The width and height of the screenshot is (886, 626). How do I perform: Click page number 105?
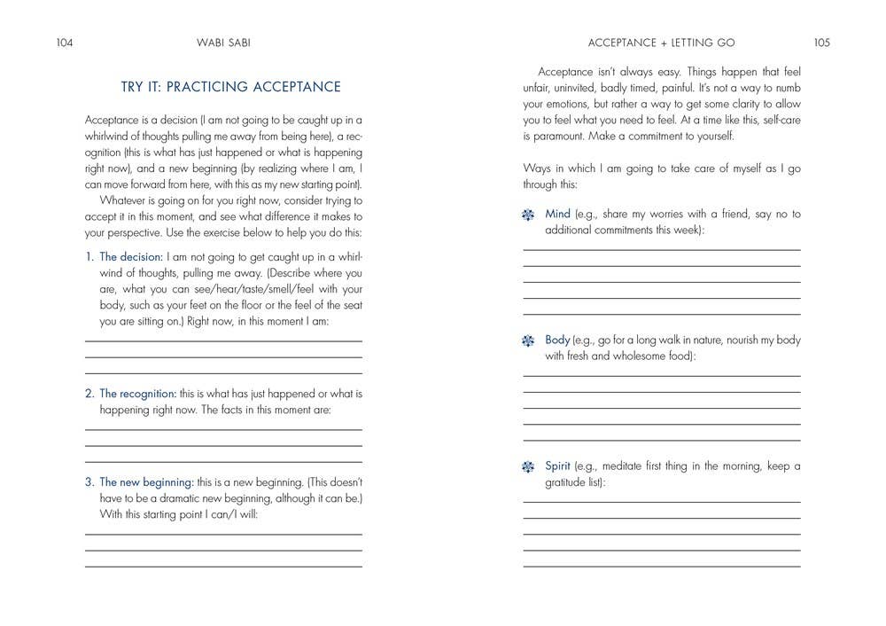coord(820,42)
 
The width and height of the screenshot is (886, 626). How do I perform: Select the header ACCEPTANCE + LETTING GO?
coord(662,42)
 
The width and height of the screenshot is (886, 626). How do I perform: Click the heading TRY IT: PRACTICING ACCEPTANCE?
coord(230,87)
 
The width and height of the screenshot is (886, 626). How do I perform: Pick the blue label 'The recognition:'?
coord(137,394)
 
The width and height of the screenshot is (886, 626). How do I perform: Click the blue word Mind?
coord(557,215)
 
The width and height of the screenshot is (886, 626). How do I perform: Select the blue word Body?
coord(557,340)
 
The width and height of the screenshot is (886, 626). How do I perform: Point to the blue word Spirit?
coord(557,466)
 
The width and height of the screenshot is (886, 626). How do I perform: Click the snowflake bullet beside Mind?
coord(529,215)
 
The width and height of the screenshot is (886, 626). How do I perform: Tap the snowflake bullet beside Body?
coord(529,341)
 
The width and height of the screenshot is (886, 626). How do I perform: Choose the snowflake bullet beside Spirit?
coord(529,467)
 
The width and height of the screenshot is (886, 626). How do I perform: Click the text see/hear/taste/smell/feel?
coord(253,289)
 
